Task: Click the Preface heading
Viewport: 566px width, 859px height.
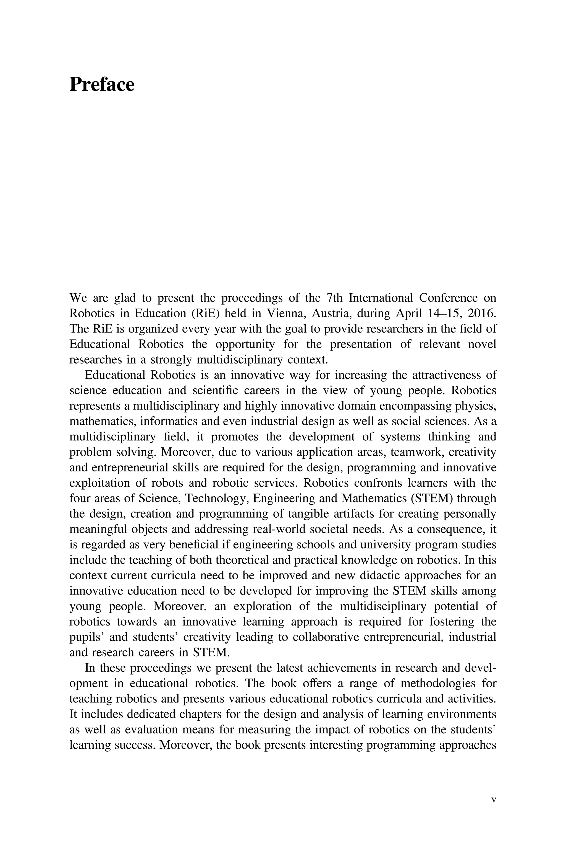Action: pos(102,85)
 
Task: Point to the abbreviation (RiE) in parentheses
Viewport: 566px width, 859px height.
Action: pos(206,313)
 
